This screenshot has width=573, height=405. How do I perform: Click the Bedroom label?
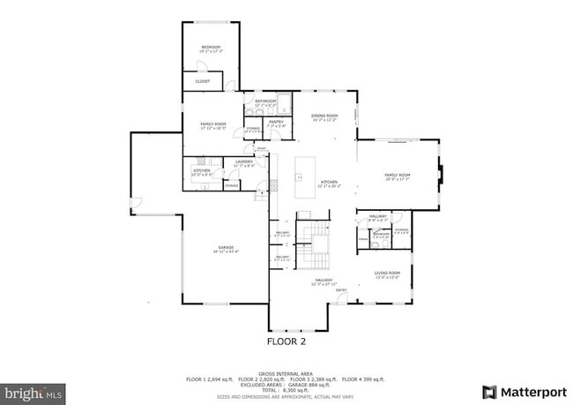click(211, 49)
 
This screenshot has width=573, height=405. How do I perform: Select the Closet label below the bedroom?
click(202, 82)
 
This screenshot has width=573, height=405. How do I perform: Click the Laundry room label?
click(244, 163)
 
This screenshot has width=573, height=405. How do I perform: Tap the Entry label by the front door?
click(341, 290)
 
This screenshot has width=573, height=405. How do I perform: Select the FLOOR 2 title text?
click(286, 340)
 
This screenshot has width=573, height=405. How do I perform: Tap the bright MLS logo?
click(33, 391)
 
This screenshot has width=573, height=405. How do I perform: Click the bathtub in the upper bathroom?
click(284, 101)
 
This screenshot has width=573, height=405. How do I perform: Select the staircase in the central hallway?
click(315, 244)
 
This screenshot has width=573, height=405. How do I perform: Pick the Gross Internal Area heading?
click(286, 373)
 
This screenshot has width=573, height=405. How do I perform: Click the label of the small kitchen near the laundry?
click(202, 171)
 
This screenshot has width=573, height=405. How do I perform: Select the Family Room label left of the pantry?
click(212, 125)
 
